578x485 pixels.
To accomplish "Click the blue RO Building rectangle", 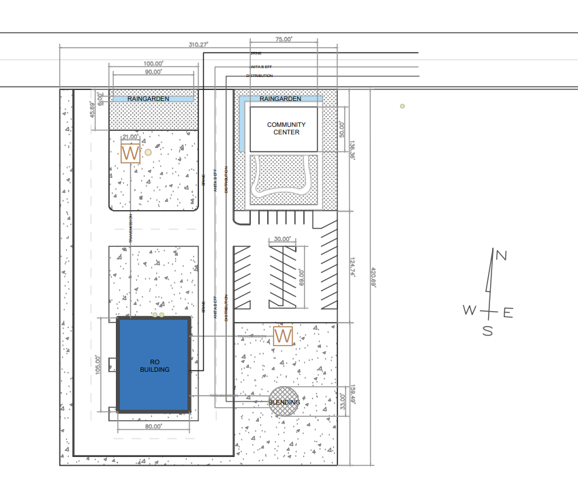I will coord(154,365).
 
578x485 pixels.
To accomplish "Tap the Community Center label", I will coord(286,128).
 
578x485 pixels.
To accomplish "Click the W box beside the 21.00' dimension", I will coord(130,153).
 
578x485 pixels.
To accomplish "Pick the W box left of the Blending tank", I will coord(283,336).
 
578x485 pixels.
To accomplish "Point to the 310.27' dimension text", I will coord(198,44).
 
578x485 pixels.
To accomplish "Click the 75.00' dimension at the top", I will coord(284,40).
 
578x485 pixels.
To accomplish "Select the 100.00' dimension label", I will coord(153,63).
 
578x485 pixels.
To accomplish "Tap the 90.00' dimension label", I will coord(153,72).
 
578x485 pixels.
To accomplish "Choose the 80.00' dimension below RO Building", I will coord(153,426).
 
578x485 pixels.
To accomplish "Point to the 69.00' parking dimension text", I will coord(301,278).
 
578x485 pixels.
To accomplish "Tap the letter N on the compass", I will coord(501,256).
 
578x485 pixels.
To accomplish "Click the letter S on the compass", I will coord(487,331).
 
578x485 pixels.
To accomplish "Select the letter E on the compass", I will coord(508,313).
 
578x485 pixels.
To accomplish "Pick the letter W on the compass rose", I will coord(470,310).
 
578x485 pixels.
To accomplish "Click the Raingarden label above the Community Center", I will coord(280,99).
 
